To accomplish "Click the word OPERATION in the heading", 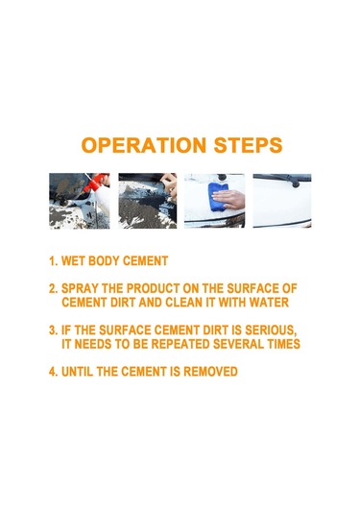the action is click(x=144, y=145).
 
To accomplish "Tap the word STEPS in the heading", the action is click(x=248, y=145).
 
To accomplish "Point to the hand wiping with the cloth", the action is click(x=229, y=199).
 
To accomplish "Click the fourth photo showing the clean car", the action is click(x=282, y=201).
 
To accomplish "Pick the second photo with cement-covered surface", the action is click(x=148, y=201).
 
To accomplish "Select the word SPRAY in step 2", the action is click(x=80, y=288).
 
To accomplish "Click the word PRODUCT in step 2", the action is click(x=153, y=288).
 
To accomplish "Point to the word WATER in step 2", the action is click(x=269, y=303).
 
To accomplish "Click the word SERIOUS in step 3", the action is click(x=271, y=330).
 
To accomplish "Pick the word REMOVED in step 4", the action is click(x=210, y=372).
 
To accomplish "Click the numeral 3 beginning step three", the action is click(x=52, y=330).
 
